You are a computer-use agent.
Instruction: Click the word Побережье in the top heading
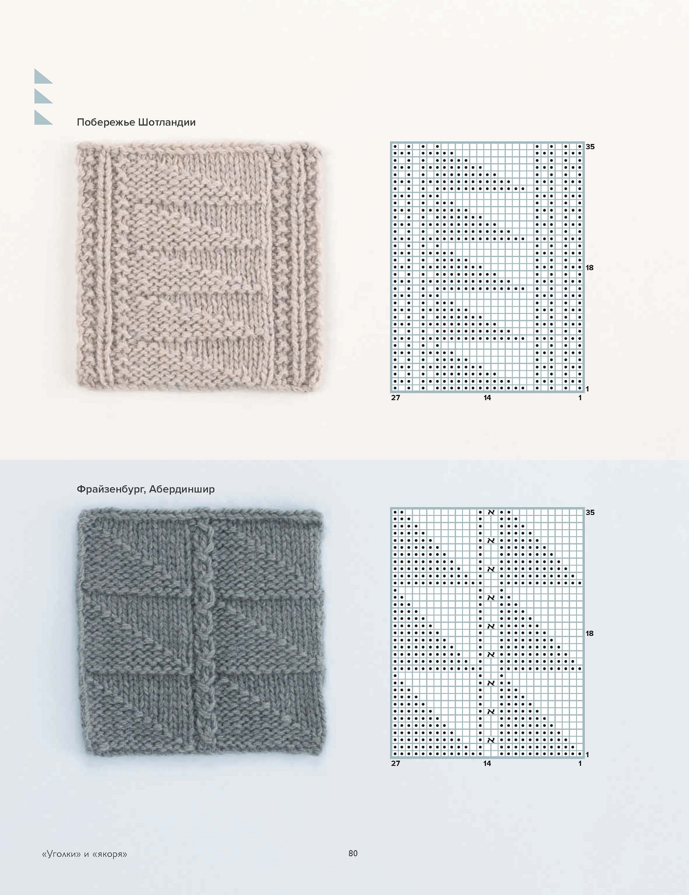(x=106, y=123)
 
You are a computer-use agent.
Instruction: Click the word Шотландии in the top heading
(x=167, y=122)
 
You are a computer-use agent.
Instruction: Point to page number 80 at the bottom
(x=353, y=853)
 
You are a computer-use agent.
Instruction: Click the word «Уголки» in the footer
(x=62, y=854)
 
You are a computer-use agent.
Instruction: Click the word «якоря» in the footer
(x=109, y=854)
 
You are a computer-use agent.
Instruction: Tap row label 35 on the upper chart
(x=590, y=147)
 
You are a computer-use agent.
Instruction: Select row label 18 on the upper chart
(x=590, y=268)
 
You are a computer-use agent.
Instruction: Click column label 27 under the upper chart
(x=395, y=398)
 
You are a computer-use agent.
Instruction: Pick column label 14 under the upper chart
(x=487, y=398)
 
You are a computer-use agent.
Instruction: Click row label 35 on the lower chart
(x=590, y=512)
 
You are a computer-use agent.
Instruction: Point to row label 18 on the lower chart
(x=590, y=633)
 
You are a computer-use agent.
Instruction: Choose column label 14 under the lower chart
(x=487, y=763)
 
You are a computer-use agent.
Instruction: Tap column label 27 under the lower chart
(x=395, y=763)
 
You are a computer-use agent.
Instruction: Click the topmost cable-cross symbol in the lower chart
(x=491, y=512)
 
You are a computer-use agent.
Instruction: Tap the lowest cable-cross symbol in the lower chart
(x=491, y=740)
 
